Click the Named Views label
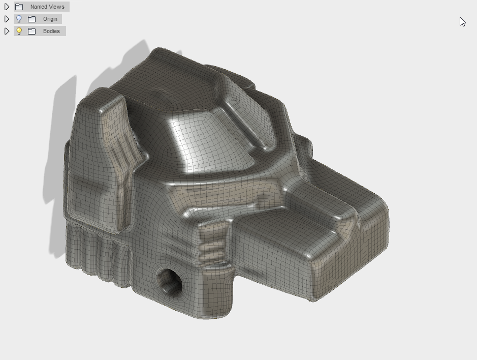pos(47,7)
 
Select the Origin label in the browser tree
pos(50,19)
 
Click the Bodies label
pos(51,31)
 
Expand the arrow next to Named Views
pos(7,7)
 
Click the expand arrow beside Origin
pos(7,19)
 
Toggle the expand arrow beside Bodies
pos(7,31)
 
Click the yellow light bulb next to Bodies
pos(19,31)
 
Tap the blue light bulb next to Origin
pos(19,19)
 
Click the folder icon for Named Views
pos(19,7)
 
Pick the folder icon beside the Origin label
pos(31,19)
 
